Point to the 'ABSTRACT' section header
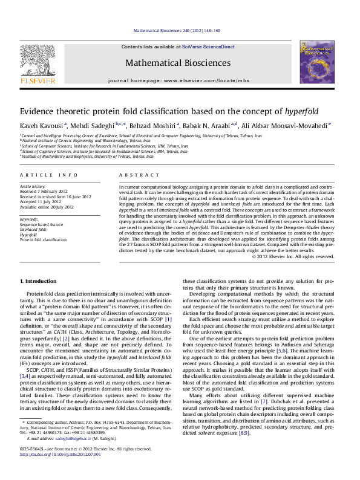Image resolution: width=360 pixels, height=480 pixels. [x=139, y=175]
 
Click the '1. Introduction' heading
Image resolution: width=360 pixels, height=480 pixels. [x=39, y=282]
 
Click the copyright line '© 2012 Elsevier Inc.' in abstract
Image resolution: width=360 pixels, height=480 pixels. [x=292, y=256]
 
